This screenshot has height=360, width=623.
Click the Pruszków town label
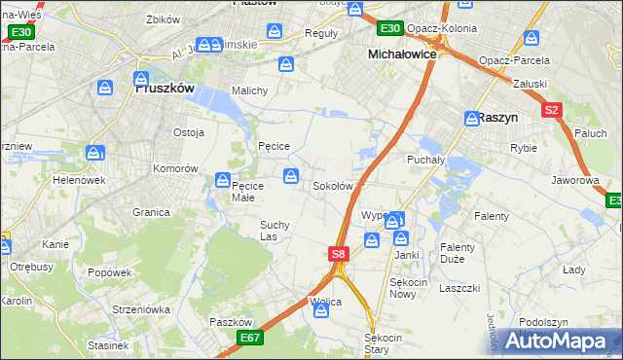coord(164,88)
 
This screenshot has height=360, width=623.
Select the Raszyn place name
coord(497,117)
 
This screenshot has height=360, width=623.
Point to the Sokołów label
coord(332,186)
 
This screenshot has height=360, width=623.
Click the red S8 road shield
coord(337,254)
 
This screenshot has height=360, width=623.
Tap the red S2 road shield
coord(552,111)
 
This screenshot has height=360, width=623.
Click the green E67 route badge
coord(249,338)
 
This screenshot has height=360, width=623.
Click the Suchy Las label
coord(274,231)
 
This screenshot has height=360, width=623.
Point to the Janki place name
coord(406,255)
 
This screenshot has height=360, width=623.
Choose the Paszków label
coord(231,322)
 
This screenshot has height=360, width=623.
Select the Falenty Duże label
coord(457,254)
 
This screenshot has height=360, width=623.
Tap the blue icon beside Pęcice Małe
coord(222,180)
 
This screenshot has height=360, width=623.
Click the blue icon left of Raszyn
coord(471,116)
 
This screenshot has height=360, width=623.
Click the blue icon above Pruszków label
coord(142,77)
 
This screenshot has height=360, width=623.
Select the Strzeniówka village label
coord(141,309)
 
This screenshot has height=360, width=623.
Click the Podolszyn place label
coord(543,322)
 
